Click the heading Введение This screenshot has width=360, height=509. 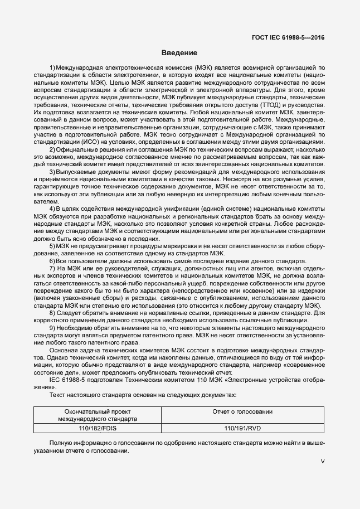click(179, 53)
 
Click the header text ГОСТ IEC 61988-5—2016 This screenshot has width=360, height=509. click(286, 37)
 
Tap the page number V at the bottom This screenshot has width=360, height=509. click(323, 462)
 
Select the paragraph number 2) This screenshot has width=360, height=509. click(52, 149)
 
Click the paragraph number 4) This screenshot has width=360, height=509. click(52, 207)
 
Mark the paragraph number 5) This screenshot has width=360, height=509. click(52, 245)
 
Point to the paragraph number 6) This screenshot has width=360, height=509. click(52, 261)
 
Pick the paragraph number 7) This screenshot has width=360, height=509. click(52, 269)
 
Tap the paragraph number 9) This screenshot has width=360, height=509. click(52, 327)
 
